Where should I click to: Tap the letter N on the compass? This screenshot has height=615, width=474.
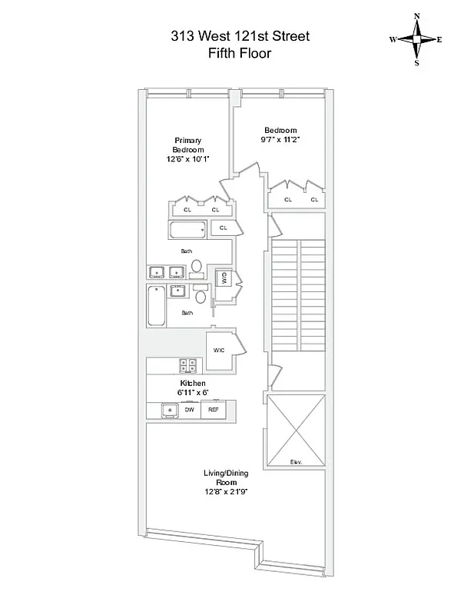[417, 15]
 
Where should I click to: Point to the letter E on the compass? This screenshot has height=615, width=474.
[439, 38]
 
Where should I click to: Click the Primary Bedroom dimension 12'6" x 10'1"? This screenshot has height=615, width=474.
[187, 159]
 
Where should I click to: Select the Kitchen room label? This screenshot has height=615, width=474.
[193, 383]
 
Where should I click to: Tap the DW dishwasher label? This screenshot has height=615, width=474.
[189, 411]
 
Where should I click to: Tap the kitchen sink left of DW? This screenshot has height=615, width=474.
[168, 411]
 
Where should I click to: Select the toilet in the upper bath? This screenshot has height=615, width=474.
[197, 267]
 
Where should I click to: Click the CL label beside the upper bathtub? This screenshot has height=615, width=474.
[224, 228]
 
